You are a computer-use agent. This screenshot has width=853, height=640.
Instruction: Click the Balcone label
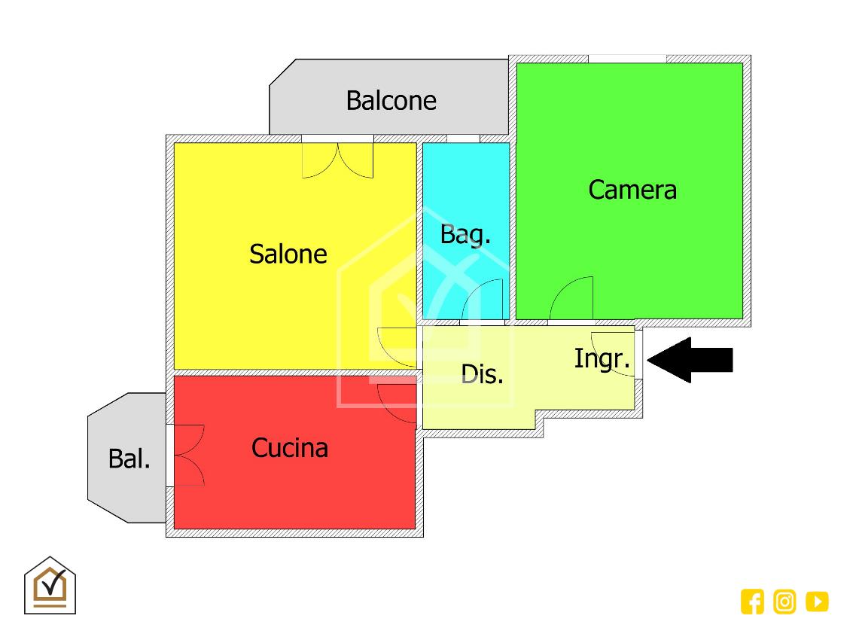point(391,100)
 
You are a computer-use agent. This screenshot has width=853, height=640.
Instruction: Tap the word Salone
point(288,254)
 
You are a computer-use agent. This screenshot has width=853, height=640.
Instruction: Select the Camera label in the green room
point(632,189)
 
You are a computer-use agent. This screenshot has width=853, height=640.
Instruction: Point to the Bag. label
point(465,234)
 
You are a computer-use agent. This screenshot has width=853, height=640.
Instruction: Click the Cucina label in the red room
point(290,448)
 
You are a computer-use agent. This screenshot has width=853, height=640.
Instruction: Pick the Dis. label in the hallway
point(482,373)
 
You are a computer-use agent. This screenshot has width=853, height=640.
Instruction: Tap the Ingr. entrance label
point(602,358)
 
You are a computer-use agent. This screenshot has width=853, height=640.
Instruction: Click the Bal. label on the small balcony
point(129,458)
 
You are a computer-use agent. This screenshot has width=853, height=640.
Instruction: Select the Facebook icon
point(752,602)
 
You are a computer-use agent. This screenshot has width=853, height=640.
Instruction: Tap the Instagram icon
point(784,602)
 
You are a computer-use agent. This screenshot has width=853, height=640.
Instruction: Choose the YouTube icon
point(817,602)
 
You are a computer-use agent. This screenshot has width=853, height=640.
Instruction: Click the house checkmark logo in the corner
point(50,585)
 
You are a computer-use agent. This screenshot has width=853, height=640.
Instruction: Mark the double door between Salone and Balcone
point(338,159)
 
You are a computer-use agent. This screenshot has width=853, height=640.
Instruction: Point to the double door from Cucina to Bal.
point(188,455)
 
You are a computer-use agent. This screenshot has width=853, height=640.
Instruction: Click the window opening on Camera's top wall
point(628,59)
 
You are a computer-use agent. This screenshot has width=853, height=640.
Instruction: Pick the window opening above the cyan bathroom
point(463,139)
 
